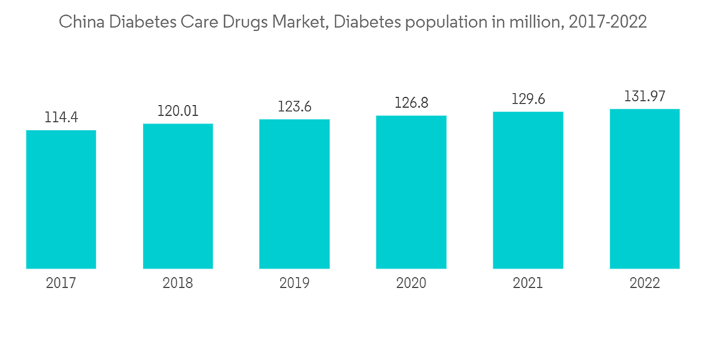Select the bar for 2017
click(61, 199)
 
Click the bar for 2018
click(178, 196)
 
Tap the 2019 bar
click(294, 194)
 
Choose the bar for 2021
click(528, 190)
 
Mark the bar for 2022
click(645, 189)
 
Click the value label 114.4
click(61, 117)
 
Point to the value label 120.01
click(178, 111)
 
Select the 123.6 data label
click(294, 106)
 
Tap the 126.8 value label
click(411, 103)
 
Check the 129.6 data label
click(528, 99)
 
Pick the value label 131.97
click(645, 96)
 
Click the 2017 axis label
click(61, 284)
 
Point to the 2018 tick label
click(178, 284)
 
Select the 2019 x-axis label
click(294, 284)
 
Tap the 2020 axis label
click(411, 284)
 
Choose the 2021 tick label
click(528, 284)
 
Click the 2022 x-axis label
click(645, 284)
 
